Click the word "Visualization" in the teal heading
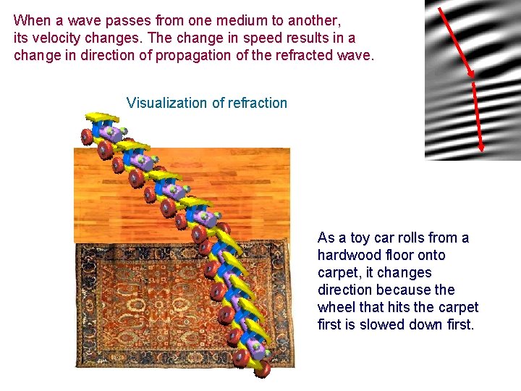[166, 103]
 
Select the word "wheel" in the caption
[336, 307]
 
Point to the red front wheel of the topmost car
[88, 136]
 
